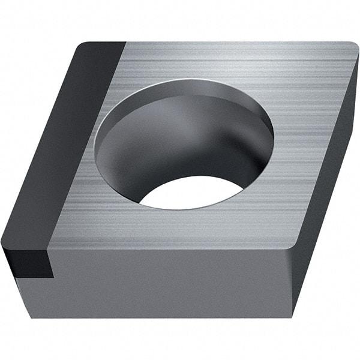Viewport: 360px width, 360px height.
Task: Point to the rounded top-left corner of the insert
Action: click(84, 46)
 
